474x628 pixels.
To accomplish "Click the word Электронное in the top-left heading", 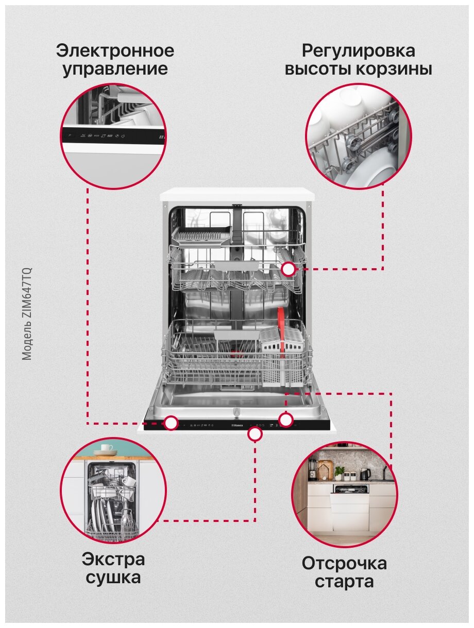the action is [x=115, y=51].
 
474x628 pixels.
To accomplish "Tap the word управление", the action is [x=115, y=69].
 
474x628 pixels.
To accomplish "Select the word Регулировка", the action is [x=358, y=51].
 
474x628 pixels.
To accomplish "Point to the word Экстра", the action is [x=113, y=559].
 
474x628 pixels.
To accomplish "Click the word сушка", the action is [x=113, y=578].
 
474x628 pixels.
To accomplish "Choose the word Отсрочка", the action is [x=344, y=563].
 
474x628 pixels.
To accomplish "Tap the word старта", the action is [x=344, y=582].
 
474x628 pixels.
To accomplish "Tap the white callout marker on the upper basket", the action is [x=289, y=269].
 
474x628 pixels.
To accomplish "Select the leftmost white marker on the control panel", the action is [x=172, y=423].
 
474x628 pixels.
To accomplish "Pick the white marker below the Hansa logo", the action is [x=255, y=434].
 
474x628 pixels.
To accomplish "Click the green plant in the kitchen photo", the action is [x=339, y=472].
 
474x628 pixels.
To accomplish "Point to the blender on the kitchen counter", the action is [x=312, y=469].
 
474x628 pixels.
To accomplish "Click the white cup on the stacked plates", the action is [x=107, y=448].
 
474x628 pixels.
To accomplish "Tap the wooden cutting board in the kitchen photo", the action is [x=325, y=469].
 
